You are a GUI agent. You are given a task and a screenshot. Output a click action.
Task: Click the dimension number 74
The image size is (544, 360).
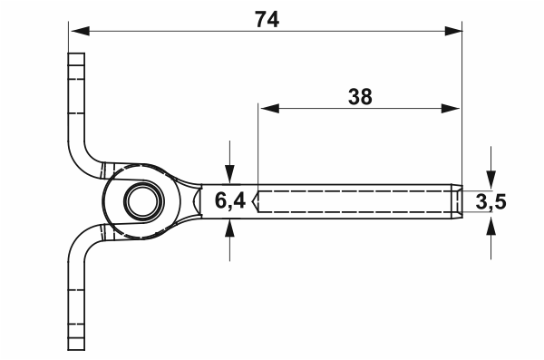pyautogui.click(x=267, y=19)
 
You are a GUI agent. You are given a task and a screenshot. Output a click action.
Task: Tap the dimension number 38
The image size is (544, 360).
pyautogui.click(x=360, y=97)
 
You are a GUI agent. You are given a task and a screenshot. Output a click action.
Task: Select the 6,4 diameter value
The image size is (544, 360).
pyautogui.click(x=230, y=201)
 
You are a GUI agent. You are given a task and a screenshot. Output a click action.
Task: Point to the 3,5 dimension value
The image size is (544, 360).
pyautogui.click(x=491, y=202)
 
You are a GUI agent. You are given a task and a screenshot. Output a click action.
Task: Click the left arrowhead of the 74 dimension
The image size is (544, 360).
pyautogui.click(x=80, y=31)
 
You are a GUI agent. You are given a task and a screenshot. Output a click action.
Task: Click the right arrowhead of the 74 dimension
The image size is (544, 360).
pyautogui.click(x=453, y=31)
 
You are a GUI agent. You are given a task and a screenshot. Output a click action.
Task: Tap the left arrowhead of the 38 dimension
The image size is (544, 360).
pyautogui.click(x=269, y=108)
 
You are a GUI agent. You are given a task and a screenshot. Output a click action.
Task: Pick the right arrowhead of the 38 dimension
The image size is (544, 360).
pyautogui.click(x=451, y=108)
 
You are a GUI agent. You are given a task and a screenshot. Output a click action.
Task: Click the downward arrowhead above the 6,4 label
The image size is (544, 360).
pyautogui.click(x=229, y=174)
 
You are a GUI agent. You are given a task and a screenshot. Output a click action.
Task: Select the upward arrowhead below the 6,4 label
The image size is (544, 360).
pyautogui.click(x=229, y=229)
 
